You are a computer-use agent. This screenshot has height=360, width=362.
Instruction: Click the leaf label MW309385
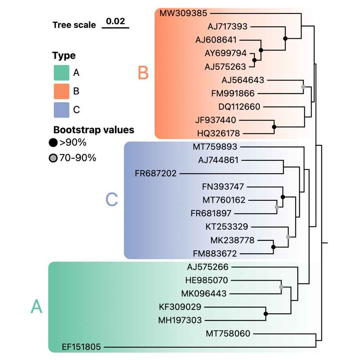[183, 13]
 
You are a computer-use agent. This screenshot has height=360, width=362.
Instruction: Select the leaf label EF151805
[81, 347]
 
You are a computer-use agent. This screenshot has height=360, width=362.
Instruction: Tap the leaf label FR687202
[156, 173]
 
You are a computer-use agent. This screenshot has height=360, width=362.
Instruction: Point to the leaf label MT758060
[228, 334]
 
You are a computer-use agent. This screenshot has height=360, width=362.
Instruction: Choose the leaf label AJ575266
[207, 267]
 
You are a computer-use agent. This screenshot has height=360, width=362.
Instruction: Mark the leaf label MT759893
[215, 147]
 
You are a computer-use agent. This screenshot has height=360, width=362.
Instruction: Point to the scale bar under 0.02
[115, 28]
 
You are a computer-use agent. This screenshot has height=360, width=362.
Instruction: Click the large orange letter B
[143, 73]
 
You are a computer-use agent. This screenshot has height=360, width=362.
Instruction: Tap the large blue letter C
[112, 200]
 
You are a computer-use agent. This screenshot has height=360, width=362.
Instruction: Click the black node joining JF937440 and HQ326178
[274, 127]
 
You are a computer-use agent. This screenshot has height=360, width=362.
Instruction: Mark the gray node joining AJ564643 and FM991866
[303, 86]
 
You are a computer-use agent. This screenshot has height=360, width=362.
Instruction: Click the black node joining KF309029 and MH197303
[266, 314]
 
